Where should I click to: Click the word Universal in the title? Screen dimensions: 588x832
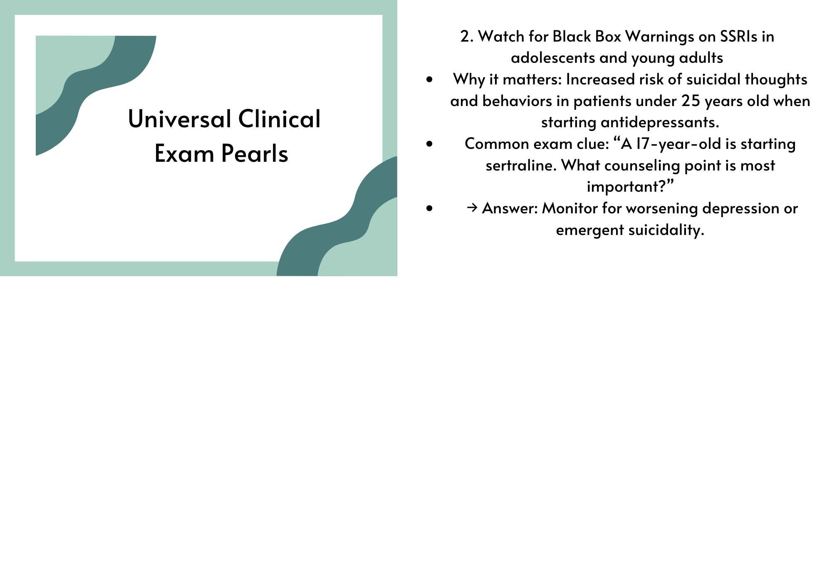point(179,119)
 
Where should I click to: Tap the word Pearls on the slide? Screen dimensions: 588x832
point(255,153)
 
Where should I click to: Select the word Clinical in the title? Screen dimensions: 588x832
point(279,119)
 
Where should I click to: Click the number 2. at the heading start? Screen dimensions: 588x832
point(467,37)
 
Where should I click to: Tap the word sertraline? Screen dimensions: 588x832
point(521,166)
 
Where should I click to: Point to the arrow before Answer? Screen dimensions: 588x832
point(472,208)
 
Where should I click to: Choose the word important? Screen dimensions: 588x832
point(630,186)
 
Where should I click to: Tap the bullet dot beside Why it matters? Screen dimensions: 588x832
point(430,79)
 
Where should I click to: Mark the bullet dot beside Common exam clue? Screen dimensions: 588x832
point(430,144)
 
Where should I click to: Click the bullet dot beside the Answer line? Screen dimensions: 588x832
point(430,208)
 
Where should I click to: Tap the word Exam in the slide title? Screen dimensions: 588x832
point(185,153)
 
